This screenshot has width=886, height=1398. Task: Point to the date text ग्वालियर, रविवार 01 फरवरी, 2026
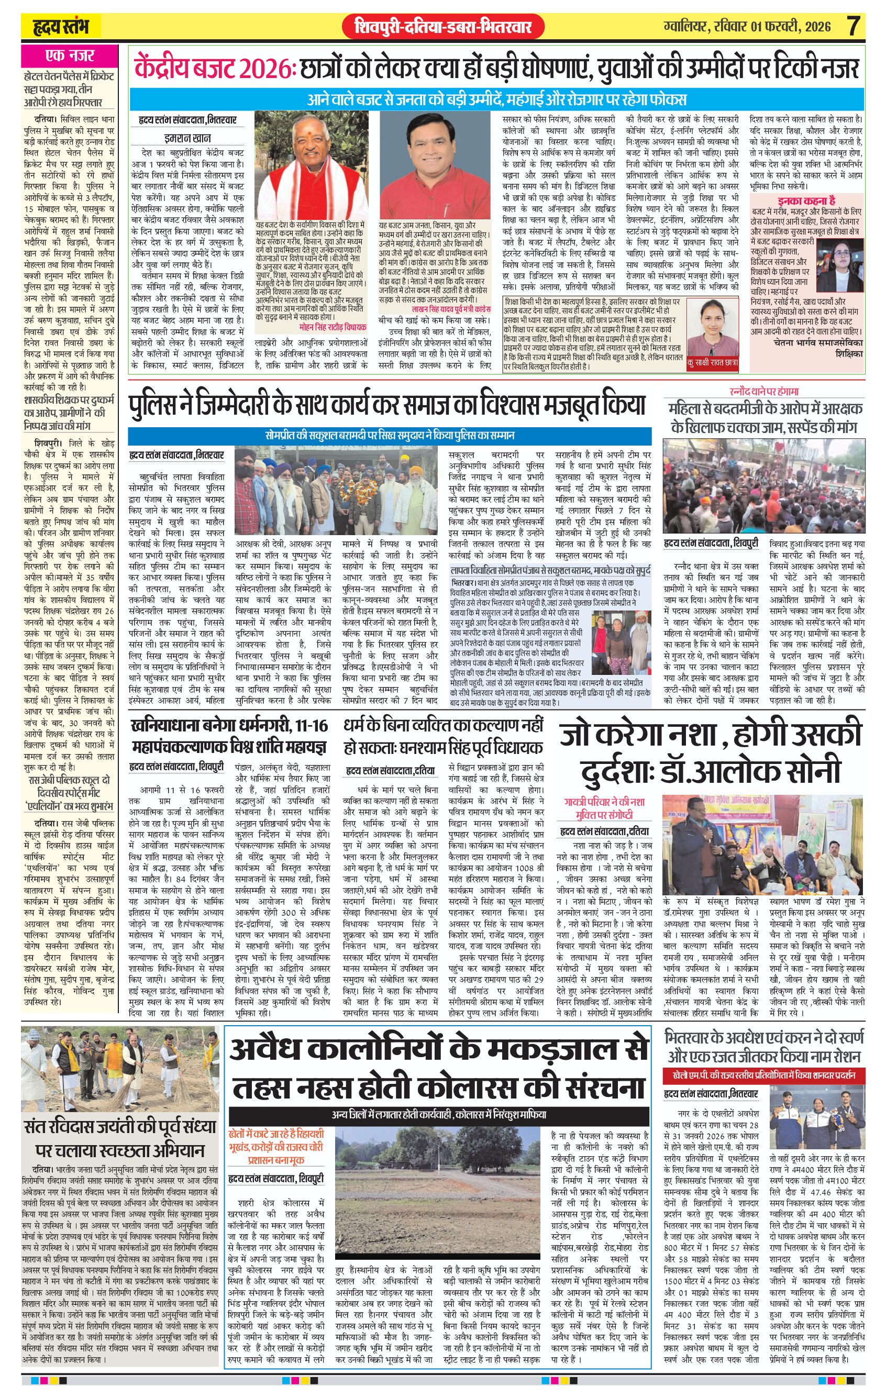click(x=748, y=27)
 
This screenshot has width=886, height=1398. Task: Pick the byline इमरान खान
click(x=186, y=138)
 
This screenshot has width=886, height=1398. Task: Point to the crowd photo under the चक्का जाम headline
click(x=763, y=486)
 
